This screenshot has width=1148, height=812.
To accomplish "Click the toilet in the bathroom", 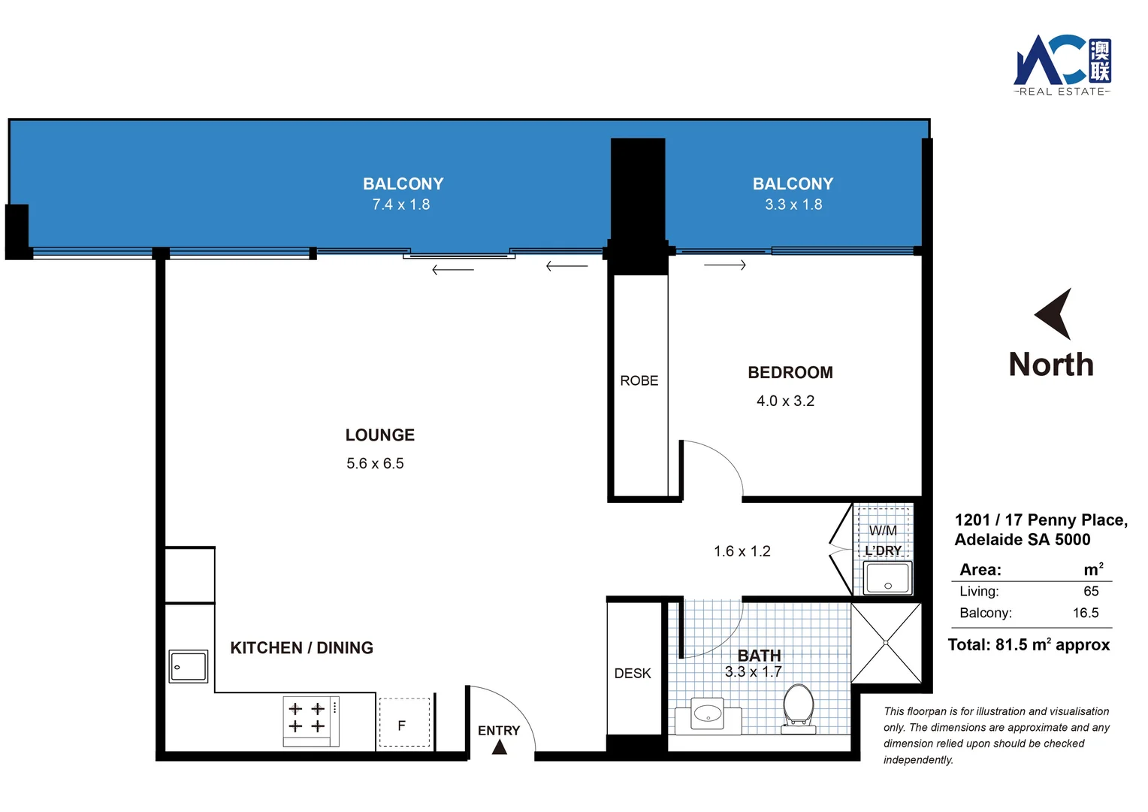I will pyautogui.click(x=798, y=705).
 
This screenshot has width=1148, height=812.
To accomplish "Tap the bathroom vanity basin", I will pyautogui.click(x=707, y=714).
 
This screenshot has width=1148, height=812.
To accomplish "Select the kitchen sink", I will pyautogui.click(x=188, y=666).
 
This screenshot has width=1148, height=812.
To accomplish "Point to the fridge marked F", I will pyautogui.click(x=404, y=724).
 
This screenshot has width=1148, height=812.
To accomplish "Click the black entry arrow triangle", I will pyautogui.click(x=500, y=747).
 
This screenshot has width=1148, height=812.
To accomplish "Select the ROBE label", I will pyautogui.click(x=639, y=381).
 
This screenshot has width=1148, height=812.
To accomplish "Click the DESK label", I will pyautogui.click(x=633, y=674).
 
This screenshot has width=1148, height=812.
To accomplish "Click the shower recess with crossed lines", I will pyautogui.click(x=886, y=643).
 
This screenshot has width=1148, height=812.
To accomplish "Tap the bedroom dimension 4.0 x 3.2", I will pyautogui.click(x=785, y=401).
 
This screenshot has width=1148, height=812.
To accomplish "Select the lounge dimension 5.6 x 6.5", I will pyautogui.click(x=375, y=464).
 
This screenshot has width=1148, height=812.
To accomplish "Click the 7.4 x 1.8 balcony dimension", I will pyautogui.click(x=401, y=205).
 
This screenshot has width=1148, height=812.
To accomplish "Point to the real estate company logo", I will pyautogui.click(x=1062, y=65).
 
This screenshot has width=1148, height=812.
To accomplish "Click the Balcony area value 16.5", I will pyautogui.click(x=1085, y=613).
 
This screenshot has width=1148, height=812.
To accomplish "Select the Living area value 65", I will pyautogui.click(x=1091, y=592).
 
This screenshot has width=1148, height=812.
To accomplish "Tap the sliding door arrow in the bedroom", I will pyautogui.click(x=725, y=265).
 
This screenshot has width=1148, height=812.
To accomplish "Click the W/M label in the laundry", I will pyautogui.click(x=883, y=531).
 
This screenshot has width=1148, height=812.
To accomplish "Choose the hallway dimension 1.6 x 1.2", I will pyautogui.click(x=742, y=552).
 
